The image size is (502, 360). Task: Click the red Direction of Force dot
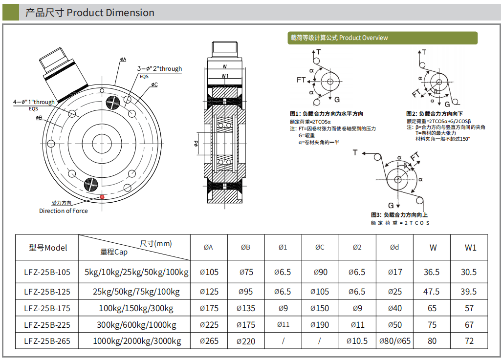102,197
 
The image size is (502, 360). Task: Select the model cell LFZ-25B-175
47,308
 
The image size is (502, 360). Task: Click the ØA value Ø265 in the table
209,341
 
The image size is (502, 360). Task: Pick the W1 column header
470,248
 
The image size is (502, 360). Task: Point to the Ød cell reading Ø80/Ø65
394,341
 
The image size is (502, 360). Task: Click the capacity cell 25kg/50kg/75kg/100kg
136,292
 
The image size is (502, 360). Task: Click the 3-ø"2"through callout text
159,69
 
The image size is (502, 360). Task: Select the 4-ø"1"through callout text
34,102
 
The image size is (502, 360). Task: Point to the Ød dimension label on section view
196,143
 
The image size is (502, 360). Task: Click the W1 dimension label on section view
225,76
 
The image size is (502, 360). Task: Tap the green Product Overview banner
382,38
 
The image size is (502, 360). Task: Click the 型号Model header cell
47,248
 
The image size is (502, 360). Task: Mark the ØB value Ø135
245,308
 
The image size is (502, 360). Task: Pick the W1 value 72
469,341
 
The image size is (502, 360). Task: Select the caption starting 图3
399,215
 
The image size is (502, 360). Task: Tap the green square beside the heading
11,13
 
